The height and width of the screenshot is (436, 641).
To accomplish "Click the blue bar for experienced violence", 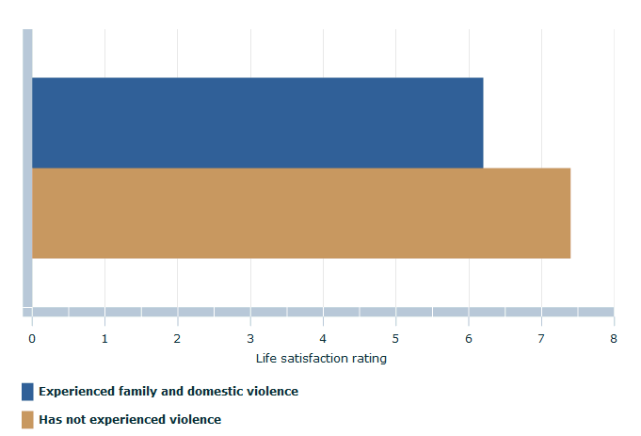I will coord(257,122).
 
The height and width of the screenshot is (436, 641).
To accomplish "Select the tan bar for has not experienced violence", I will coord(301,213).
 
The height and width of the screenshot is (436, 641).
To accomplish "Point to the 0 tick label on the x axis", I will coord(32,337).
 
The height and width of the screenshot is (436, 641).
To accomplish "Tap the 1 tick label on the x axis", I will coord(104,337).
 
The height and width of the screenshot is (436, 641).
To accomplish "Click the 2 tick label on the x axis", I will coord(178,337).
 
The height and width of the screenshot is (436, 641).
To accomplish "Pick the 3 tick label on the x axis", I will coord(250,337).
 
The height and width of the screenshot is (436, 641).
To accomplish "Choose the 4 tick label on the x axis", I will coord(323,337).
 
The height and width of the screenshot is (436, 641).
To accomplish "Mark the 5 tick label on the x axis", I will coord(395,337).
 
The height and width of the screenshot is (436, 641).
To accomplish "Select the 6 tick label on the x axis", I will coord(469,337).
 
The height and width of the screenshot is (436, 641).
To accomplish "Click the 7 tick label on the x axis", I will coord(541,337).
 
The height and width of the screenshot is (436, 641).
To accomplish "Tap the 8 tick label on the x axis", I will coord(614,337).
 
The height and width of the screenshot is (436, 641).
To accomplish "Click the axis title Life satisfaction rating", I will coord(321,358).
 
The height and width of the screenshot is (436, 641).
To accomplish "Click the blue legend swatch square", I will coord(27,392).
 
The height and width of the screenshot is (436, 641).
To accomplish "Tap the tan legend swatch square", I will coord(27,420).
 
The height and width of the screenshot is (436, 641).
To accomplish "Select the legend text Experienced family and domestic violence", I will coord(168,391).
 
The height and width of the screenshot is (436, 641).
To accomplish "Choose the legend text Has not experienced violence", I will coord(130,419).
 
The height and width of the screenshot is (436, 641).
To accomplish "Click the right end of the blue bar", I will coord(481,122).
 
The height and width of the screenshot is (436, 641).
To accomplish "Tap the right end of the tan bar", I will coord(569,213).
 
